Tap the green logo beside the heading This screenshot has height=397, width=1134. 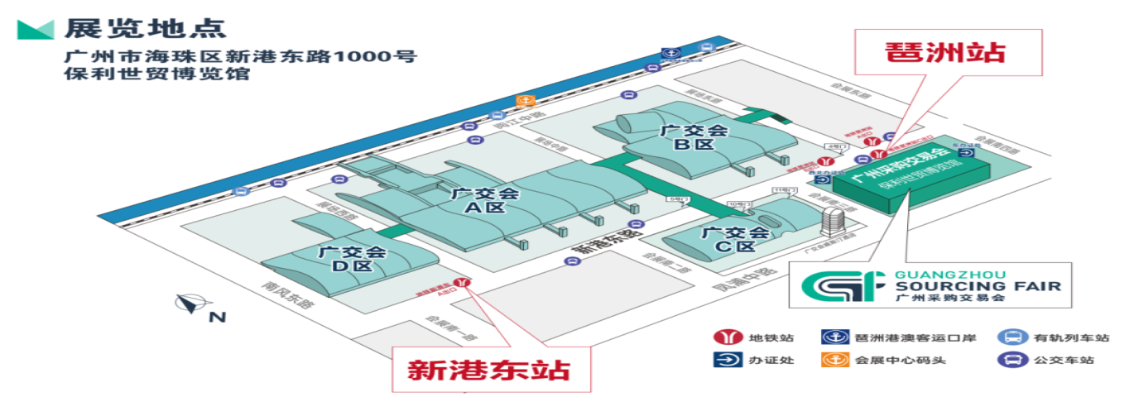click(x=36, y=29)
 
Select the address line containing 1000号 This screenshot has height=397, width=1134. click(x=241, y=57)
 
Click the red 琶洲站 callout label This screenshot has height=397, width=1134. click(x=945, y=52)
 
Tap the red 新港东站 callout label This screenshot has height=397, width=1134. click(x=489, y=368)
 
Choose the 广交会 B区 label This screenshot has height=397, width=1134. click(x=693, y=137)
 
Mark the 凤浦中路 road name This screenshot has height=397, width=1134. click(x=742, y=279)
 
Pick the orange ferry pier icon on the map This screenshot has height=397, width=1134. click(x=524, y=101)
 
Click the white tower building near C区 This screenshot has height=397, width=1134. click(x=833, y=222)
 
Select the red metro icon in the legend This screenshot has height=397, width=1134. click(x=724, y=337)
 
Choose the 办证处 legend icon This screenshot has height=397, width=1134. click(x=724, y=360)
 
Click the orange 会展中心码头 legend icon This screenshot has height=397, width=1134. click(x=830, y=360)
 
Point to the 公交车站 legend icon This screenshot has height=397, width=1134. click(x=1010, y=360)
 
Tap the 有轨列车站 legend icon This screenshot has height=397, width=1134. click(x=1010, y=337)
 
